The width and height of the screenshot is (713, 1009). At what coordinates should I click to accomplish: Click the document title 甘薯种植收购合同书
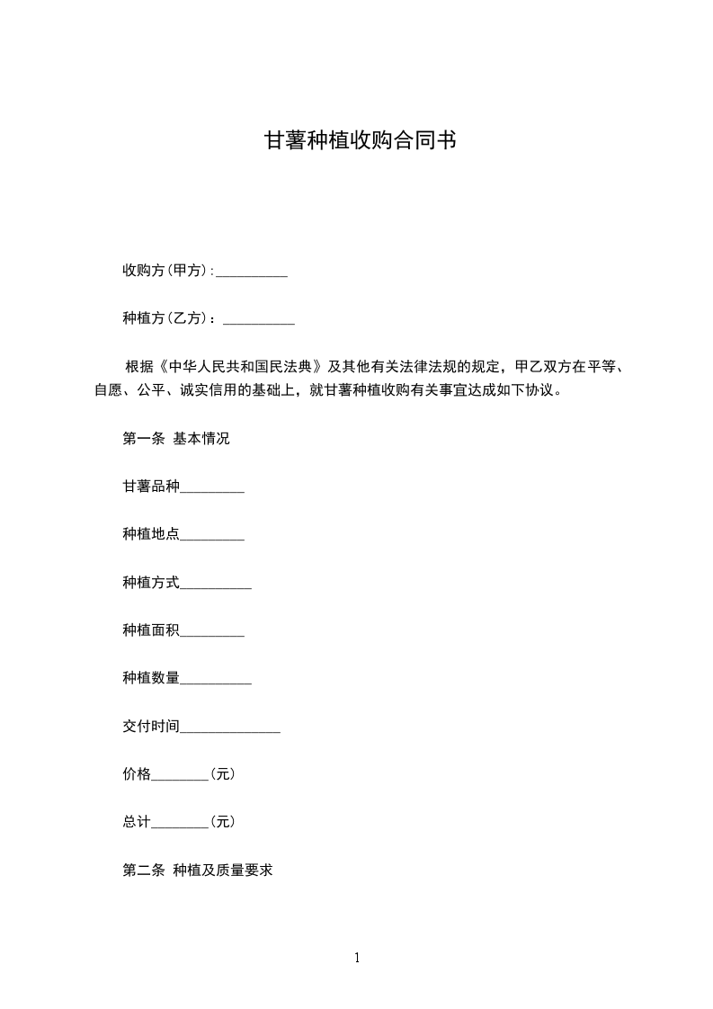click(x=356, y=141)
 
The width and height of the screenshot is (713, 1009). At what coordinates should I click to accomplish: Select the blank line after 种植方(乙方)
click(x=259, y=319)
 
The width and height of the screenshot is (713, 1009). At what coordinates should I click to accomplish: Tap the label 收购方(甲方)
click(x=166, y=271)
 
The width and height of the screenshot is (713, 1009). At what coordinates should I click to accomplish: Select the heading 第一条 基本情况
click(x=176, y=440)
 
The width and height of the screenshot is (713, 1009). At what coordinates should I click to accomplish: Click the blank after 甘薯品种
click(x=212, y=488)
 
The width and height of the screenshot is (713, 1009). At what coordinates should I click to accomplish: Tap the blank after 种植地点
click(x=212, y=536)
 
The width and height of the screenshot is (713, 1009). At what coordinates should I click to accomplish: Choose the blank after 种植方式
click(x=216, y=584)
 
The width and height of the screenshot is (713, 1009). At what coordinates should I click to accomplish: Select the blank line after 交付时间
click(x=230, y=728)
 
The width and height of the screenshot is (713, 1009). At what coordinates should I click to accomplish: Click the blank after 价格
click(x=180, y=775)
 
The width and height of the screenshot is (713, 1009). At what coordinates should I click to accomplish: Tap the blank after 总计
click(x=180, y=823)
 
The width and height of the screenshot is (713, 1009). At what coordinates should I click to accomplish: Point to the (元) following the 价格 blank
click(x=222, y=774)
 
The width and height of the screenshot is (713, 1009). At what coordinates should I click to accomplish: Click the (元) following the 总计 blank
click(x=222, y=822)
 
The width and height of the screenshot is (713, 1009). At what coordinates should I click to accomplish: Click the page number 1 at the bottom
click(x=357, y=959)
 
